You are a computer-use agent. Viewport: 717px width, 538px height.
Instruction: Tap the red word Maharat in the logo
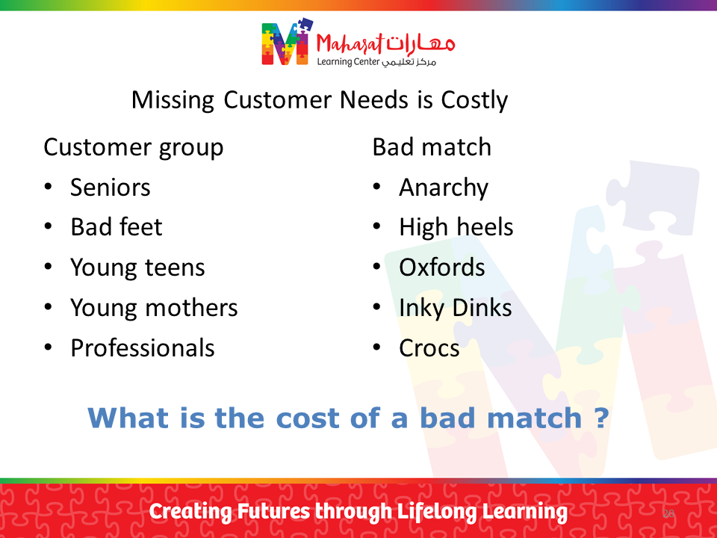pyautogui.click(x=350, y=44)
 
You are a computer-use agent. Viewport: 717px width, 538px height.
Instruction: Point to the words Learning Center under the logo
pyautogui.click(x=349, y=62)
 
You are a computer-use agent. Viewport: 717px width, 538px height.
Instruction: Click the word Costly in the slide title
pyautogui.click(x=474, y=100)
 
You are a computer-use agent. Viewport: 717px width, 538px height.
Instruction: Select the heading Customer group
pyautogui.click(x=134, y=148)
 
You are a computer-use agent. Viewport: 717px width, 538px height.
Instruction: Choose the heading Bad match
pyautogui.click(x=432, y=147)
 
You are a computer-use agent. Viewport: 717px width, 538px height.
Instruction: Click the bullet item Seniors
pyautogui.click(x=111, y=188)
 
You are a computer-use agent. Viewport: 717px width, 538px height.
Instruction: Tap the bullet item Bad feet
pyautogui.click(x=117, y=227)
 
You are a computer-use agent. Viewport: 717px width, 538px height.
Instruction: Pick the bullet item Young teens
pyautogui.click(x=137, y=268)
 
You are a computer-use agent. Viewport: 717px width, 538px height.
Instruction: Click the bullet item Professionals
pyautogui.click(x=143, y=348)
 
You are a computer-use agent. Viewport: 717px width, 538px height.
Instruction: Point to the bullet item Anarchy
pyautogui.click(x=444, y=188)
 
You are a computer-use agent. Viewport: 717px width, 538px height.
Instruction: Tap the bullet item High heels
pyautogui.click(x=456, y=227)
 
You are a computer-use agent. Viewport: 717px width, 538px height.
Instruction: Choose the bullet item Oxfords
pyautogui.click(x=441, y=268)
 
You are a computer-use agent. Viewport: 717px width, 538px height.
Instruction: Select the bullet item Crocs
pyautogui.click(x=429, y=348)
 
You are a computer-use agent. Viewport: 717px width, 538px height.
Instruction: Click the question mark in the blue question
pyautogui.click(x=602, y=418)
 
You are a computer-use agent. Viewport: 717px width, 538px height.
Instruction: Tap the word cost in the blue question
pyautogui.click(x=307, y=418)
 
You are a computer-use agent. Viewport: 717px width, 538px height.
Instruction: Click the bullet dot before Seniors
pyautogui.click(x=48, y=186)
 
